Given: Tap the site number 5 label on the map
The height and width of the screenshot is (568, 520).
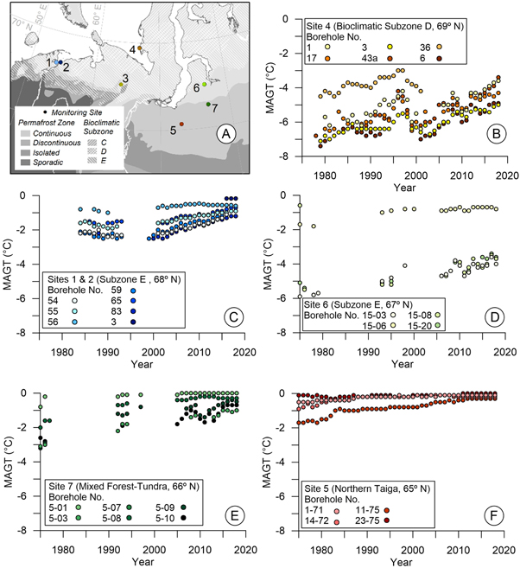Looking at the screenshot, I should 173,131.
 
